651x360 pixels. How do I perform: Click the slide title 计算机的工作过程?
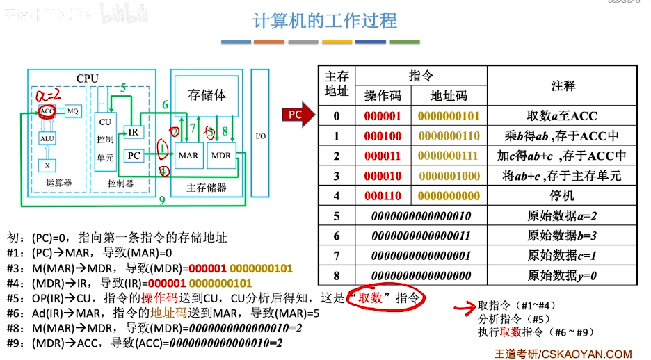click(325, 21)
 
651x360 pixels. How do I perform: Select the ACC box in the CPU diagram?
click(47, 111)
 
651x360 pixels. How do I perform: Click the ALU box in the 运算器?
click(47, 138)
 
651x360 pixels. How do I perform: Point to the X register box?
click(47, 166)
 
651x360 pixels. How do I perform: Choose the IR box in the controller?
click(133, 131)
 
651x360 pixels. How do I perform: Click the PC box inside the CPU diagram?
click(134, 156)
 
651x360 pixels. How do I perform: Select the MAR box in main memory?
click(188, 156)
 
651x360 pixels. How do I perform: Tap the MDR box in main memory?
click(221, 156)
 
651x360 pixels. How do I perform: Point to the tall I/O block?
click(260, 136)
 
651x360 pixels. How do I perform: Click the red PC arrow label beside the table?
click(296, 115)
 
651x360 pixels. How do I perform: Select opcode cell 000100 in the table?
click(383, 136)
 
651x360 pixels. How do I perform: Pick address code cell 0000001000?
click(449, 177)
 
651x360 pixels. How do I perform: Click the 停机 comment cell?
click(562, 197)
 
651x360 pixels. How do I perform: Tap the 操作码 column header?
click(383, 96)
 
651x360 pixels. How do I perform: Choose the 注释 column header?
click(562, 85)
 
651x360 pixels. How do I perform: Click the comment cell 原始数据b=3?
click(562, 236)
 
